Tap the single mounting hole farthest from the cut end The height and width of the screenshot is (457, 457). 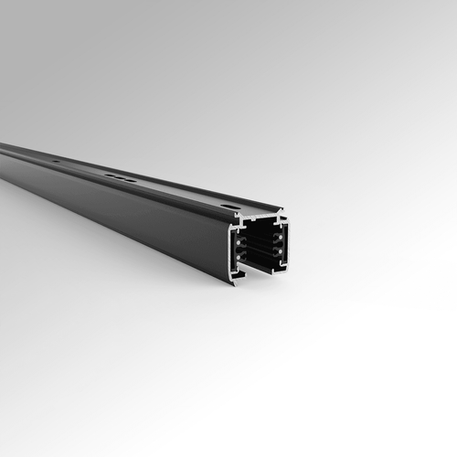(x=56, y=162)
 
